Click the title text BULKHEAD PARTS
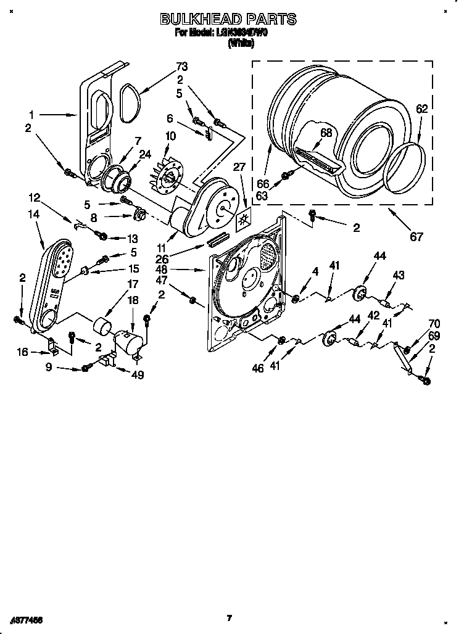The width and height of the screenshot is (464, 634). tap(228, 20)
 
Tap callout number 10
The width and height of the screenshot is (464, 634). tap(171, 136)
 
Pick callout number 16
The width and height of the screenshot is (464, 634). tap(23, 352)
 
